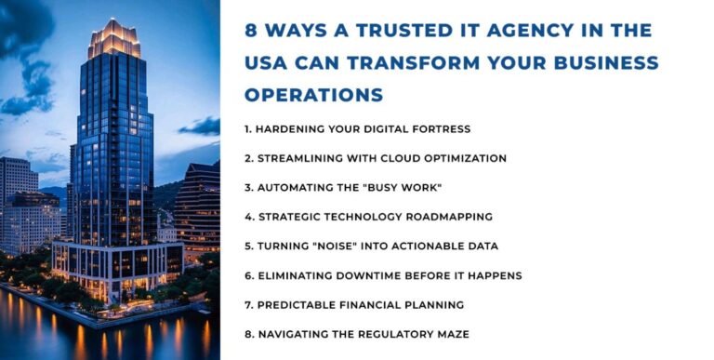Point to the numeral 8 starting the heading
pyautogui.click(x=250, y=30)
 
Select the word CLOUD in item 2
pyautogui.click(x=395, y=158)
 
